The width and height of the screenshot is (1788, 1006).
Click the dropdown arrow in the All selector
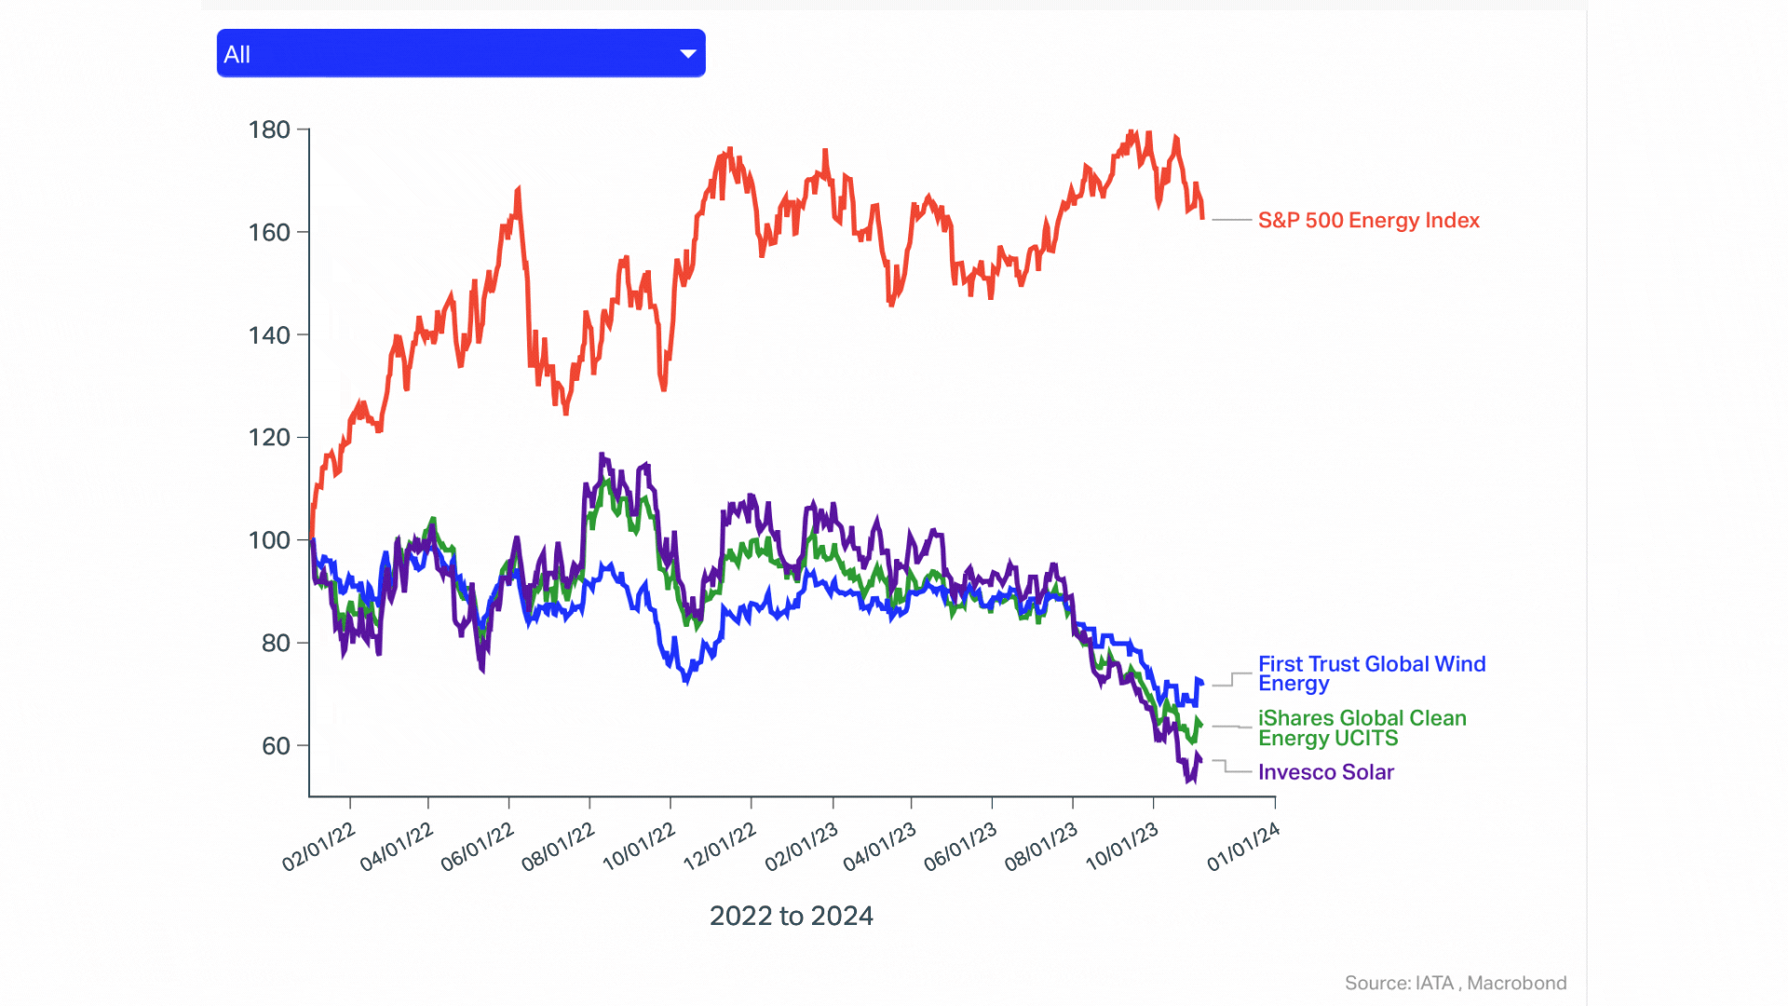click(688, 54)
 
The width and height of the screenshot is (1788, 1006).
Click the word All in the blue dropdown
click(237, 55)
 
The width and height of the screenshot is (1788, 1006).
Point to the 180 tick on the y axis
click(269, 129)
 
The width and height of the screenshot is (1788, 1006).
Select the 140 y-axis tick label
click(269, 335)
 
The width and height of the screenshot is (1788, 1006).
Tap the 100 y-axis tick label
click(269, 540)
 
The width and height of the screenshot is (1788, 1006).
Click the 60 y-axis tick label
click(276, 745)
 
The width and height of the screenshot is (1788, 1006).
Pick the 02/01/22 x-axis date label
click(318, 847)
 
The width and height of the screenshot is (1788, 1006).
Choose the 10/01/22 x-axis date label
click(639, 847)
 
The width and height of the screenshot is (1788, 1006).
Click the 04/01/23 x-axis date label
click(879, 847)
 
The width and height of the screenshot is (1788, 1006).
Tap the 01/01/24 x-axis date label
click(1243, 847)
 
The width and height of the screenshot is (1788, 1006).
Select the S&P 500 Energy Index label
click(1368, 221)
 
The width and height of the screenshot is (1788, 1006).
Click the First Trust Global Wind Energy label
click(1371, 673)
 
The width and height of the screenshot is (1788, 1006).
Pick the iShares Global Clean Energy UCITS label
click(1361, 727)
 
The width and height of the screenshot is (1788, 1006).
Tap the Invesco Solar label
click(1325, 772)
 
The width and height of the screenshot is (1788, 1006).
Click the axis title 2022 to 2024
click(791, 916)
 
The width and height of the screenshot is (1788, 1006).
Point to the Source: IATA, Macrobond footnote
click(1455, 983)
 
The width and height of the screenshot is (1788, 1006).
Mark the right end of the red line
click(1203, 217)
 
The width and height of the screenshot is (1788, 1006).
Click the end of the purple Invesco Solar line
click(1200, 760)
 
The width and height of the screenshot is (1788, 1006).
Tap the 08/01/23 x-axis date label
click(1040, 847)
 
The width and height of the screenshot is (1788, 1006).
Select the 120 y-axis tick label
click(269, 438)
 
